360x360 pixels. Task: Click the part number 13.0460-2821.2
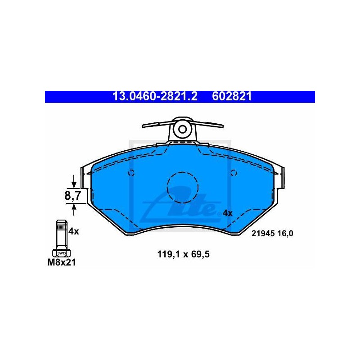155,96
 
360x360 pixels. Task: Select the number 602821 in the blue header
232,96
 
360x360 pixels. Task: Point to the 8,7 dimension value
72,196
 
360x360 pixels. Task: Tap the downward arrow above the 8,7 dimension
74,181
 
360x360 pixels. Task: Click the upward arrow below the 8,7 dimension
74,210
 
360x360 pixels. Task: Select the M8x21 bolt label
62,262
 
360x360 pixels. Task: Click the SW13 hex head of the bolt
62,253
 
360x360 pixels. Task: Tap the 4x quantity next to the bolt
74,231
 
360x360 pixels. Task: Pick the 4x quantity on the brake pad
228,213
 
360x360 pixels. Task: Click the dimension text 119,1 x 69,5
184,254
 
